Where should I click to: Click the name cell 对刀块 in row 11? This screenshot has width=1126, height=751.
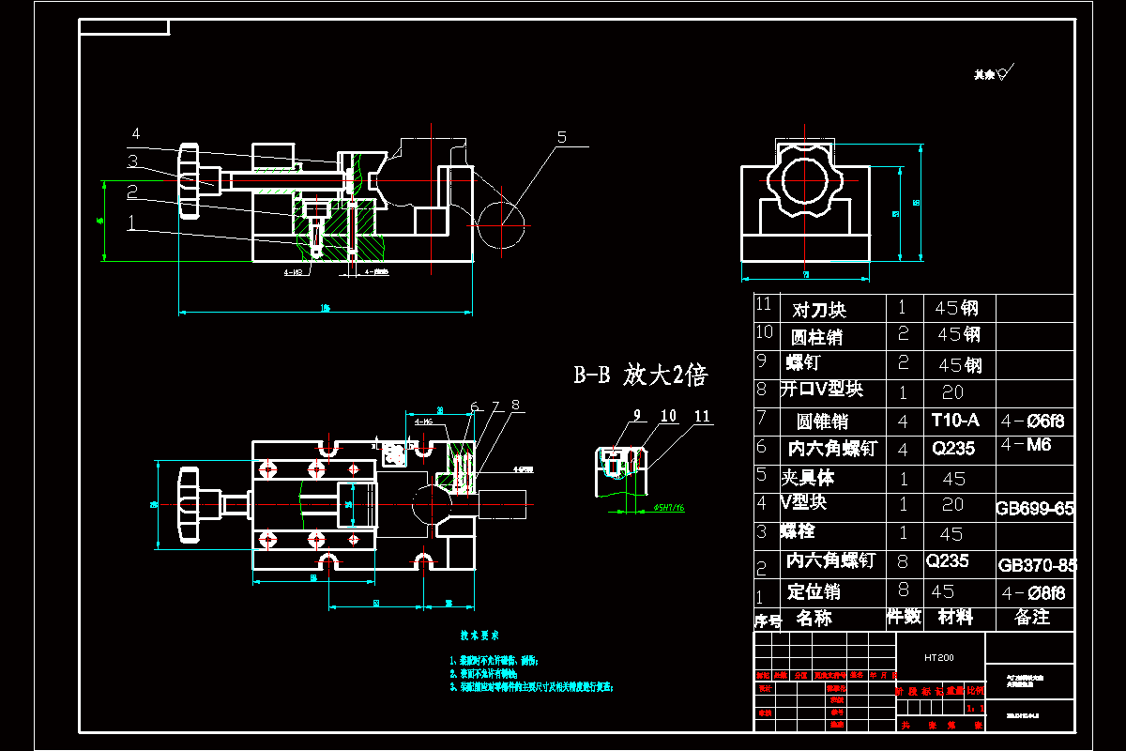click(x=819, y=309)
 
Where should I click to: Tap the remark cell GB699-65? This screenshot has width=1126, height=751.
click(x=1035, y=509)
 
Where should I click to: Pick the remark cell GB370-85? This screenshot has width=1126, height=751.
click(x=1037, y=565)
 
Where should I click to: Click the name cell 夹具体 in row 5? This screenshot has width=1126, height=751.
click(x=808, y=477)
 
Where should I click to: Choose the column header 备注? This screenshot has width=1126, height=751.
click(x=1032, y=617)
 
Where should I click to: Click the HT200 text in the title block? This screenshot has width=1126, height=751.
click(x=938, y=658)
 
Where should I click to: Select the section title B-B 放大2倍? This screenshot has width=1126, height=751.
click(x=641, y=375)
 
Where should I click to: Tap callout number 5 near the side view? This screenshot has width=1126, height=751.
click(x=561, y=137)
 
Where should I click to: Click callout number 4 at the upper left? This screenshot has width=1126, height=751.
click(x=135, y=133)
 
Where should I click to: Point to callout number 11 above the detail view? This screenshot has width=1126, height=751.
click(x=702, y=416)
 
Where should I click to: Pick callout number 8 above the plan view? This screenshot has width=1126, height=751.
click(x=514, y=406)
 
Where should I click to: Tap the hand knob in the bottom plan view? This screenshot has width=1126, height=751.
click(x=189, y=504)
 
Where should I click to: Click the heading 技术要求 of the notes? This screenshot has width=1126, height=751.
click(x=479, y=636)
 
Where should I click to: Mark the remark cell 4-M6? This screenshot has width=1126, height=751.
click(x=1027, y=445)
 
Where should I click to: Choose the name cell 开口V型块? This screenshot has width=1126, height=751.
click(x=821, y=389)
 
